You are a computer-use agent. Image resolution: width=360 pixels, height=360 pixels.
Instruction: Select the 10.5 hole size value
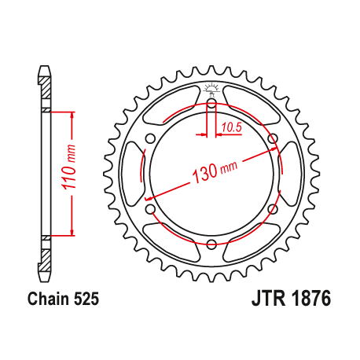point(230,126)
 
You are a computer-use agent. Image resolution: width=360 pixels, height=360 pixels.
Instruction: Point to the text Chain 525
point(62,299)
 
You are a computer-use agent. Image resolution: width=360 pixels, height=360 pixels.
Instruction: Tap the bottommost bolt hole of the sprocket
point(211,244)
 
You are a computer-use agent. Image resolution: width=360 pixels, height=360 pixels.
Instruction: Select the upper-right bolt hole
point(273,139)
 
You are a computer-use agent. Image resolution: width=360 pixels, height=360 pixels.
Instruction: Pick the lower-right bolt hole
point(273,208)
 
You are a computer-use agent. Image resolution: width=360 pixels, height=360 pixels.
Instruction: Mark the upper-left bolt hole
point(150,139)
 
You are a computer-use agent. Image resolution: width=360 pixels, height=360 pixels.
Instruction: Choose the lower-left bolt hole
point(150,208)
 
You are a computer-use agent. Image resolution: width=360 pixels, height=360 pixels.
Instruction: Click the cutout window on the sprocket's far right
point(289,174)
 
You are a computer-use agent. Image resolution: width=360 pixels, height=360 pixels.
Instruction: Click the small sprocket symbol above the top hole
point(211,88)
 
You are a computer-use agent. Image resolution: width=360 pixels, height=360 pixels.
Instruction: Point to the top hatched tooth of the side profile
point(45,88)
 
